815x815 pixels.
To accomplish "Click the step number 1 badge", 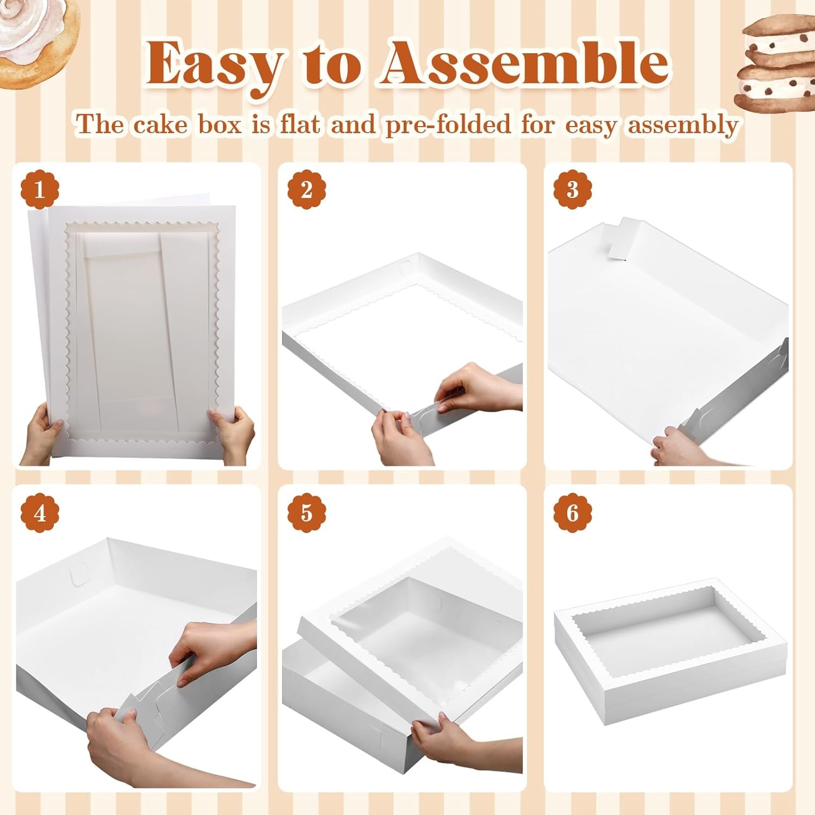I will click(x=39, y=190).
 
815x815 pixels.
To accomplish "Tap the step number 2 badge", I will click(x=306, y=190).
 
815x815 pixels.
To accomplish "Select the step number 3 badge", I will click(x=572, y=190).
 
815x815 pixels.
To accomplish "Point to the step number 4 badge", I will click(x=39, y=513).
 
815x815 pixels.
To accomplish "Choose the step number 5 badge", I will click(x=306, y=513).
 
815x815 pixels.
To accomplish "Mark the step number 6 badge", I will click(x=572, y=513).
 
